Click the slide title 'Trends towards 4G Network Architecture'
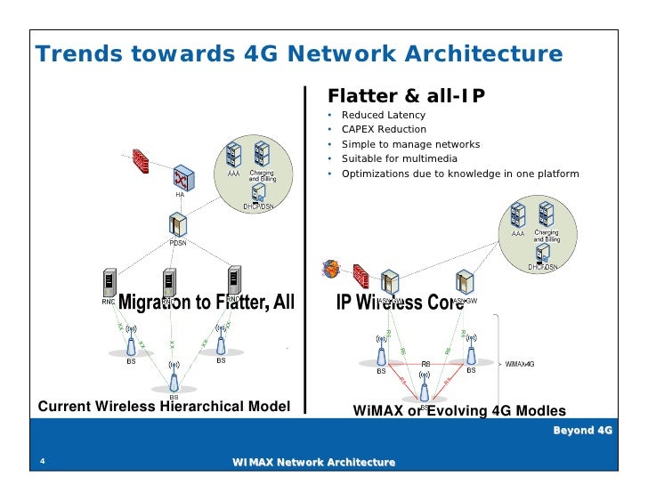point(298,54)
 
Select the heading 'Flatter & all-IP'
point(407,95)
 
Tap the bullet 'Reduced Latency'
point(384,116)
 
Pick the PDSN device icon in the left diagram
point(178,225)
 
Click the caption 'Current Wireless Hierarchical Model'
point(164,407)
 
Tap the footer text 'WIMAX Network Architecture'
point(312,463)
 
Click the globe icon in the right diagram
point(331,268)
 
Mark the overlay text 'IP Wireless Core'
point(400,303)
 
